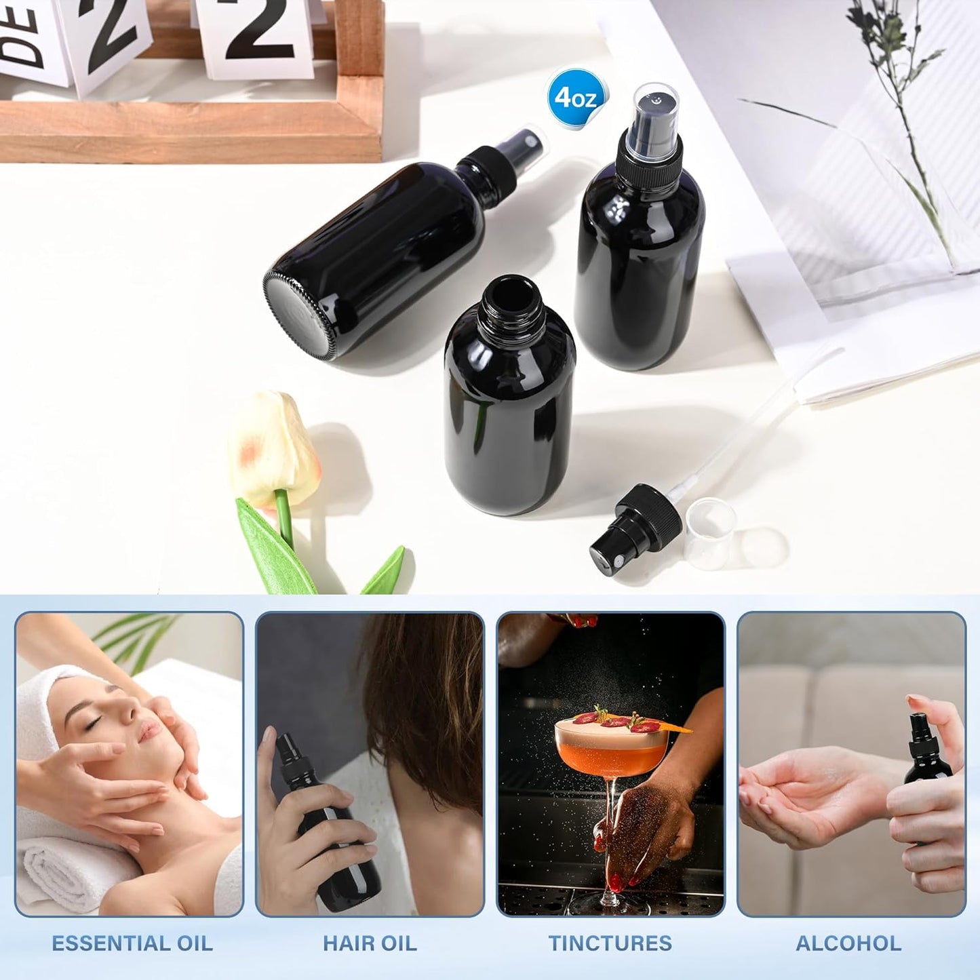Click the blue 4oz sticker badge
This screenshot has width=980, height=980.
coord(575,98)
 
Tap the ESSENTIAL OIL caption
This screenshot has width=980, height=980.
coord(132,943)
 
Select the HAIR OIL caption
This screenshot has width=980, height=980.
coord(370,943)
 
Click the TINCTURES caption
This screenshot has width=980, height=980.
coord(610,943)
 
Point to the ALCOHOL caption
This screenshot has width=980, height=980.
coord(848,943)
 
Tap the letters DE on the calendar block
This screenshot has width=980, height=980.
coord(20,34)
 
